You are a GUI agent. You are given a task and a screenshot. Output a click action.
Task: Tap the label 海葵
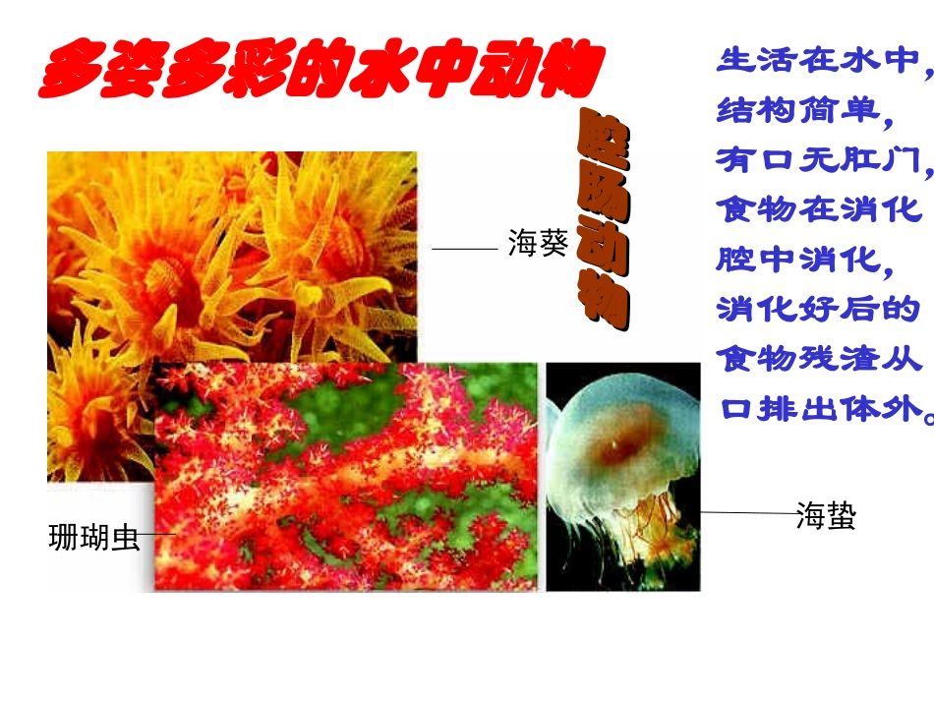[538, 244]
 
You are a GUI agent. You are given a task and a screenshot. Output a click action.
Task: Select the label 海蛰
[826, 515]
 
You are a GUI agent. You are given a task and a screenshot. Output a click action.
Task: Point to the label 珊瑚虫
[94, 539]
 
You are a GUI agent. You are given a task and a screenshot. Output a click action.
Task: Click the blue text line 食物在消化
[820, 209]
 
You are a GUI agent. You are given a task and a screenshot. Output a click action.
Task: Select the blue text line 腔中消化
[806, 260]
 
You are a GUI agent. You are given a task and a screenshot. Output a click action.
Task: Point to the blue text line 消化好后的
[820, 310]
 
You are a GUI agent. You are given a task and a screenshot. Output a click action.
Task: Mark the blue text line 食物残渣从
[820, 359]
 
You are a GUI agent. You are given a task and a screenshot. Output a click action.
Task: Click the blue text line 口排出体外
[824, 408]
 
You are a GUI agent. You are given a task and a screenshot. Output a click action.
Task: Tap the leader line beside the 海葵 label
[465, 250]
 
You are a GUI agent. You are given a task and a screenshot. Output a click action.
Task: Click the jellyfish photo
[623, 477]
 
